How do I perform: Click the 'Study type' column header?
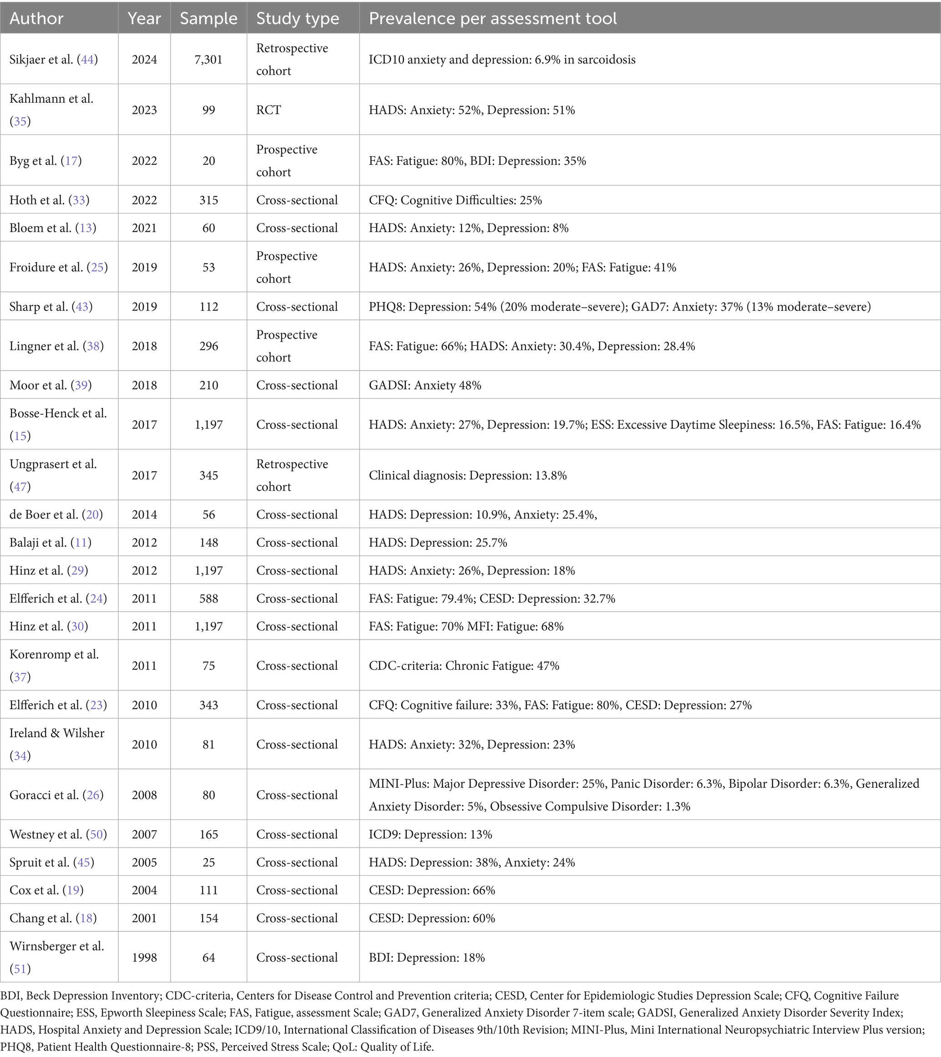297,19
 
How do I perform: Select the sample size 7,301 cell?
208,60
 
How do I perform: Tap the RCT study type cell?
268,110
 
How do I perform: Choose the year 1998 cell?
144,957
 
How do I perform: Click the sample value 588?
208,598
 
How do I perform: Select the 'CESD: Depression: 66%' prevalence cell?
432,890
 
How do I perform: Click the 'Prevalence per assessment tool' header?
492,19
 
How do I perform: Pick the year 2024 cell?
144,60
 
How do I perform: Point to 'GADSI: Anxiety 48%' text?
425,385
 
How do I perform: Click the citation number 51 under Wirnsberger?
20,969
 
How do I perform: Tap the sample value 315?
208,200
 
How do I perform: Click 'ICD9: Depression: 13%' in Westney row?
430,834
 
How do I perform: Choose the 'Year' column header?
144,19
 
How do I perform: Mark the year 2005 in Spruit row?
144,862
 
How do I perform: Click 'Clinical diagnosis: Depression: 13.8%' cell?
467,475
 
